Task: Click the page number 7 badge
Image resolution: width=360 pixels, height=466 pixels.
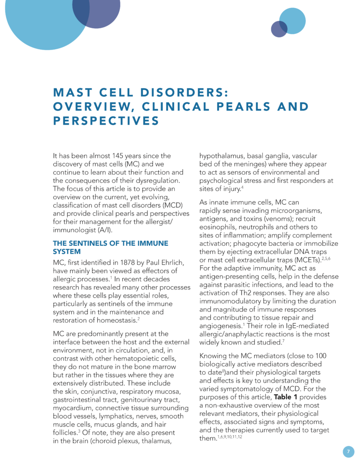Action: [348, 451]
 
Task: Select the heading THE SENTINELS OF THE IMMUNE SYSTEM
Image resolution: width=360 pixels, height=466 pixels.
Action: [111, 247]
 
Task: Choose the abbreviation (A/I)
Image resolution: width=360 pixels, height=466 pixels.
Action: [106, 230]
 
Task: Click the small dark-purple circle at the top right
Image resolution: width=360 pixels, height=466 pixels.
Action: [279, 29]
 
